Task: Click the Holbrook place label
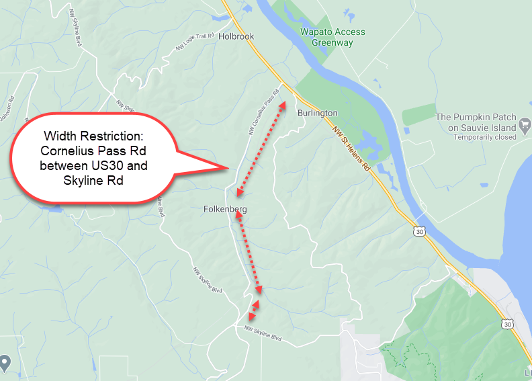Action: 236,37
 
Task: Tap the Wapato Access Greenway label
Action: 332,37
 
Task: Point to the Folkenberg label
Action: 225,210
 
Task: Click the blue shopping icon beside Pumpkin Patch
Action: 525,126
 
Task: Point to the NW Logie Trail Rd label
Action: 195,42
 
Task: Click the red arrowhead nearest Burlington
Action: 283,105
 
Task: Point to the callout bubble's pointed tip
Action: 228,167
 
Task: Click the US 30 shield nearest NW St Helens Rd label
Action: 420,231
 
